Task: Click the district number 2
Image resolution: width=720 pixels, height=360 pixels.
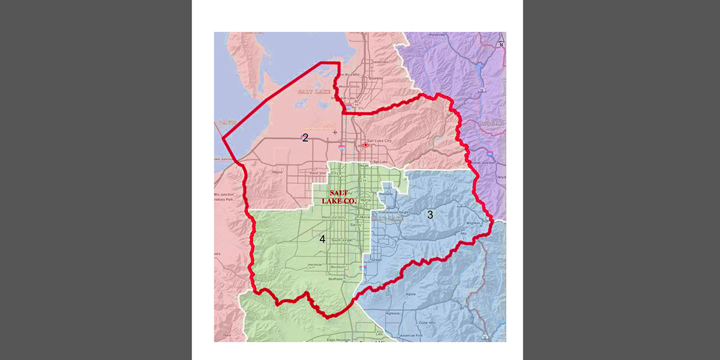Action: pyautogui.click(x=305, y=138)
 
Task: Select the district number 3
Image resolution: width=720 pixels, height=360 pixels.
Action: pyautogui.click(x=430, y=214)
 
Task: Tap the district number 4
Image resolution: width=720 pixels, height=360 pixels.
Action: pyautogui.click(x=322, y=239)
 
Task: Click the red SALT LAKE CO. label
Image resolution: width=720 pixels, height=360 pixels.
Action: pyautogui.click(x=343, y=197)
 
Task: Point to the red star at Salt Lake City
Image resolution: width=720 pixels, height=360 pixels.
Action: pyautogui.click(x=365, y=145)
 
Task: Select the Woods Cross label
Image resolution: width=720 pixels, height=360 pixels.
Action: pyautogui.click(x=349, y=86)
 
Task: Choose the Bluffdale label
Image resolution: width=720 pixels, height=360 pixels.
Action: pyautogui.click(x=336, y=279)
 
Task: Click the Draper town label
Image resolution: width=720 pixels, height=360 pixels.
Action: pyautogui.click(x=376, y=260)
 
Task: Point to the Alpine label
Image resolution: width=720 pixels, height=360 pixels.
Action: pyautogui.click(x=410, y=295)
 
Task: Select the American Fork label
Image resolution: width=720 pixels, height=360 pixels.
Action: pyautogui.click(x=412, y=335)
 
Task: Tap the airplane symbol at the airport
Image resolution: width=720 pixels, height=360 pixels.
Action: pyautogui.click(x=335, y=131)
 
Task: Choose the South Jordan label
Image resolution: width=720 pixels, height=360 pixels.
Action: pyautogui.click(x=343, y=240)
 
